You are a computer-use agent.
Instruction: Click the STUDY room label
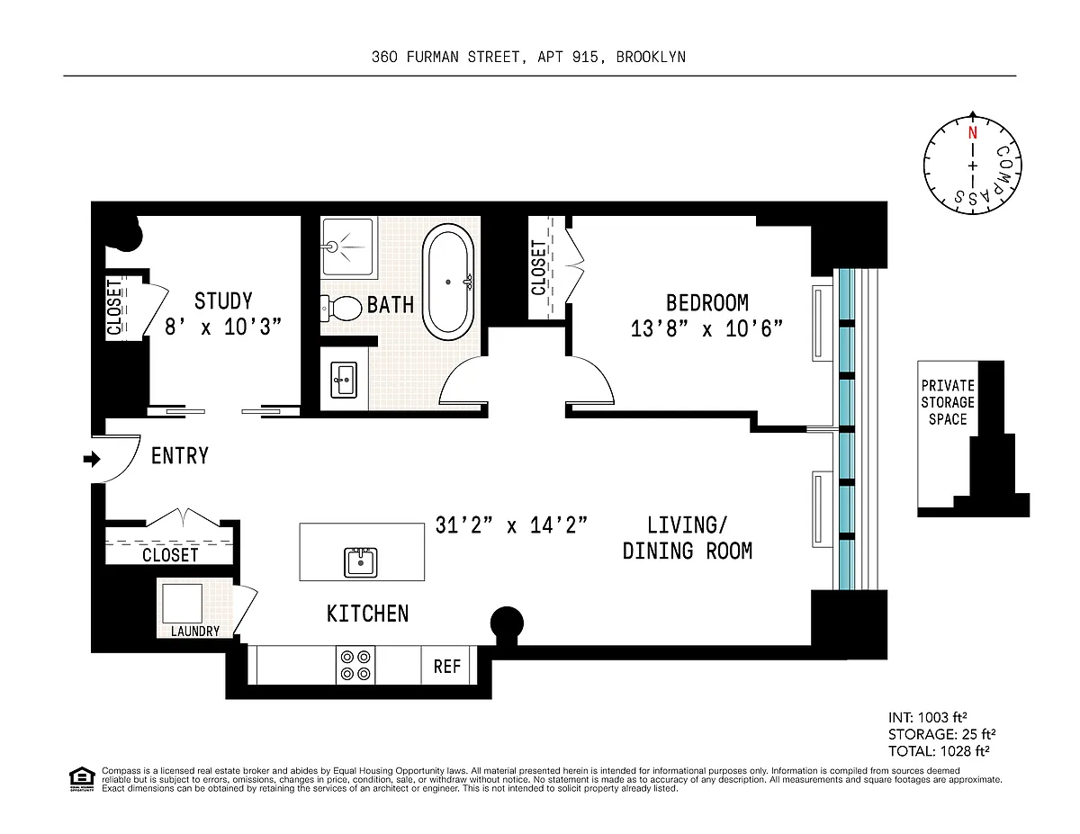coord(223,301)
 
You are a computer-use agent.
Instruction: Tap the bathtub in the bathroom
coord(448,282)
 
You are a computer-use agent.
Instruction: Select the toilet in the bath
coord(341,309)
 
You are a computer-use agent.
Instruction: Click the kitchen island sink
coord(361,561)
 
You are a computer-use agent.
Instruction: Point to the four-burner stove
coord(355,665)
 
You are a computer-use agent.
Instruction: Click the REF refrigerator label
coord(446,667)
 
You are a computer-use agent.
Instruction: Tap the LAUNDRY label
coord(194,631)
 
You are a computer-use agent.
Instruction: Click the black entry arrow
coord(92,459)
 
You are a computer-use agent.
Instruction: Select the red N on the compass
coord(973,133)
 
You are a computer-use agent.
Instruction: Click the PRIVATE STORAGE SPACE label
coord(948,402)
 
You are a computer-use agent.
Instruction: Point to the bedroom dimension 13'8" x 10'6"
coord(706,328)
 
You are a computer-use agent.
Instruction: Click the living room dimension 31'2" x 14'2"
coord(511,525)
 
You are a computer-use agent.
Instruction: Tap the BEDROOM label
coord(706,303)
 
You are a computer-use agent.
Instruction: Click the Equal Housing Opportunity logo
coord(82,779)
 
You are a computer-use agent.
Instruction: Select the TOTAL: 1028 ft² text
coord(939,751)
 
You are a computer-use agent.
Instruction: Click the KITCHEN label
coord(368,614)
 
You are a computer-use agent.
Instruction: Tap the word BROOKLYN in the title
coord(651,57)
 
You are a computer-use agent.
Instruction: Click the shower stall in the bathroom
coord(348,247)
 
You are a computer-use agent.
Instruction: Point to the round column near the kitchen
coord(507,623)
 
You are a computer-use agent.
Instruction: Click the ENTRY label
coord(179,456)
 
